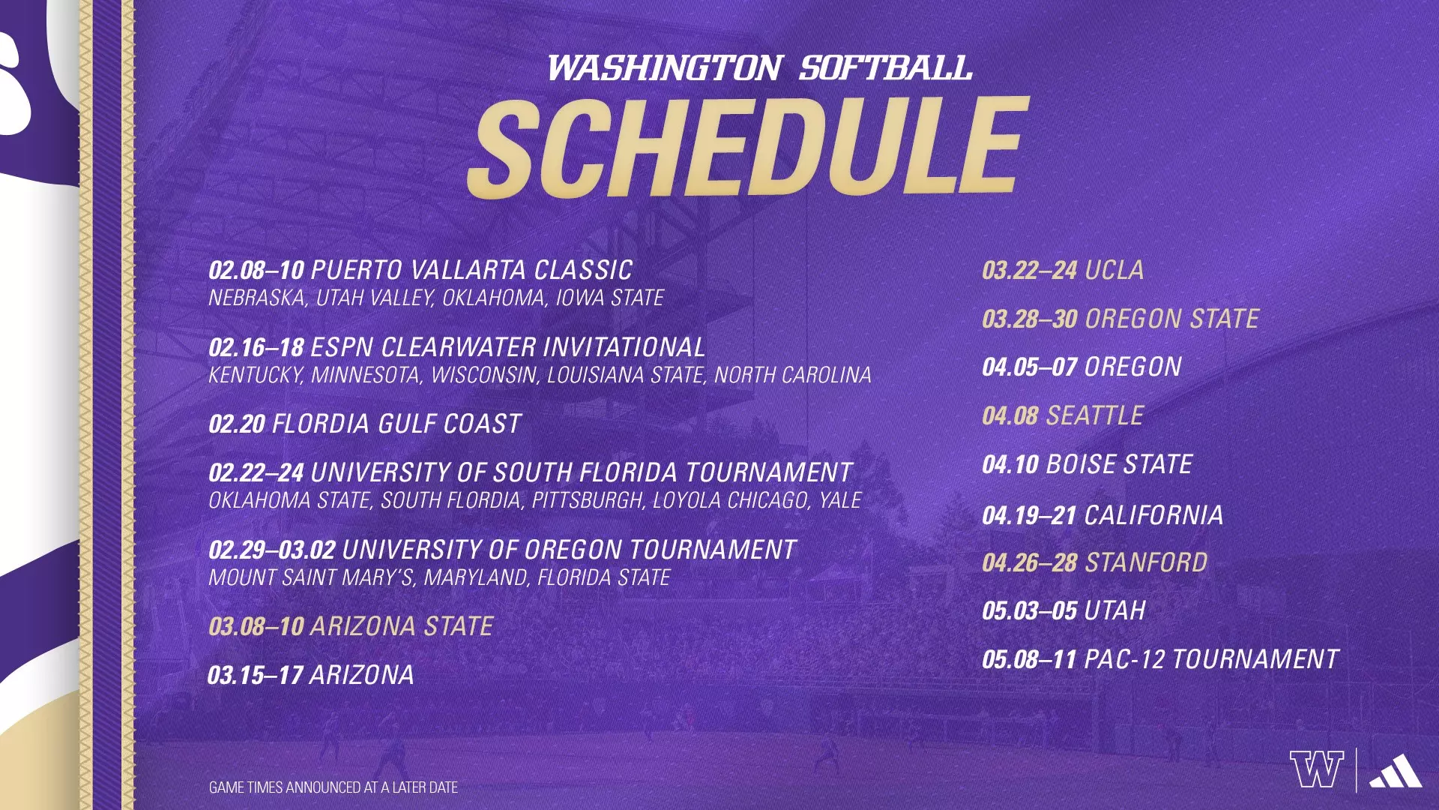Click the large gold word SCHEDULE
[x=747, y=148]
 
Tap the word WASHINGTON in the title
[x=665, y=68]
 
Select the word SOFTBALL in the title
[x=885, y=68]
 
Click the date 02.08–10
[x=256, y=270]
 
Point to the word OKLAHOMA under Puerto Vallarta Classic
[x=494, y=298]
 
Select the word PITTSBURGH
[x=589, y=500]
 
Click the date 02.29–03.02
[x=271, y=550]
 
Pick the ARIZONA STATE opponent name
[x=402, y=626]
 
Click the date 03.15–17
[x=256, y=675]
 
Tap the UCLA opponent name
[x=1114, y=270]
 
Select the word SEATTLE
[x=1095, y=415]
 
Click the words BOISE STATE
[x=1119, y=464]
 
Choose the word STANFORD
[x=1147, y=562]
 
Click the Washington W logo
[x=1317, y=769]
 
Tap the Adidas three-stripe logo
[x=1396, y=771]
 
